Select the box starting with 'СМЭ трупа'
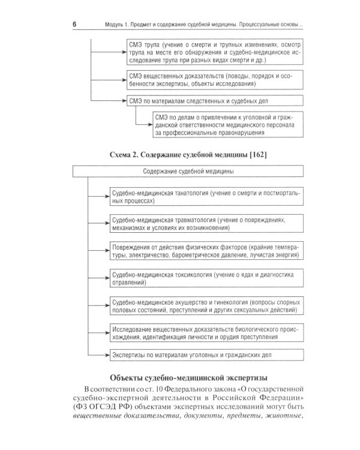pyautogui.click(x=214, y=52)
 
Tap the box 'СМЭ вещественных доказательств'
pyautogui.click(x=214, y=80)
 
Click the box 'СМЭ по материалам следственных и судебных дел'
pyautogui.click(x=214, y=101)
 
